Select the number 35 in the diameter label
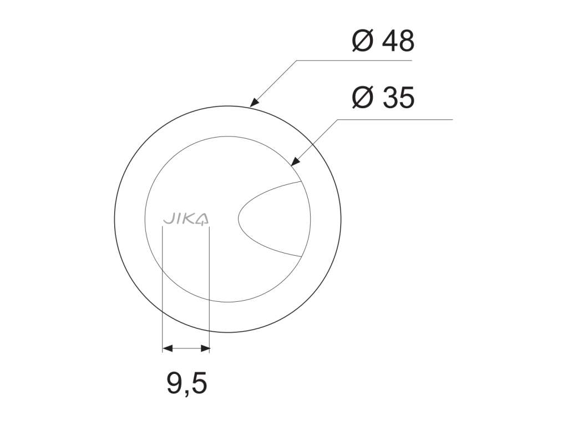point(398,98)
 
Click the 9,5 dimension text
point(186,384)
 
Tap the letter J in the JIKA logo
point(167,220)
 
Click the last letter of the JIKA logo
point(204,220)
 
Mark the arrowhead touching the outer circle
point(254,102)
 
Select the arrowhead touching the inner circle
point(295,162)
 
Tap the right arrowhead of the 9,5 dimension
point(205,348)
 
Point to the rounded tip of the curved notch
point(240,219)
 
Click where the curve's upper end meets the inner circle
point(300,181)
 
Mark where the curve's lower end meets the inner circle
point(301,256)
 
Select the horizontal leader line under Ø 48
point(355,59)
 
